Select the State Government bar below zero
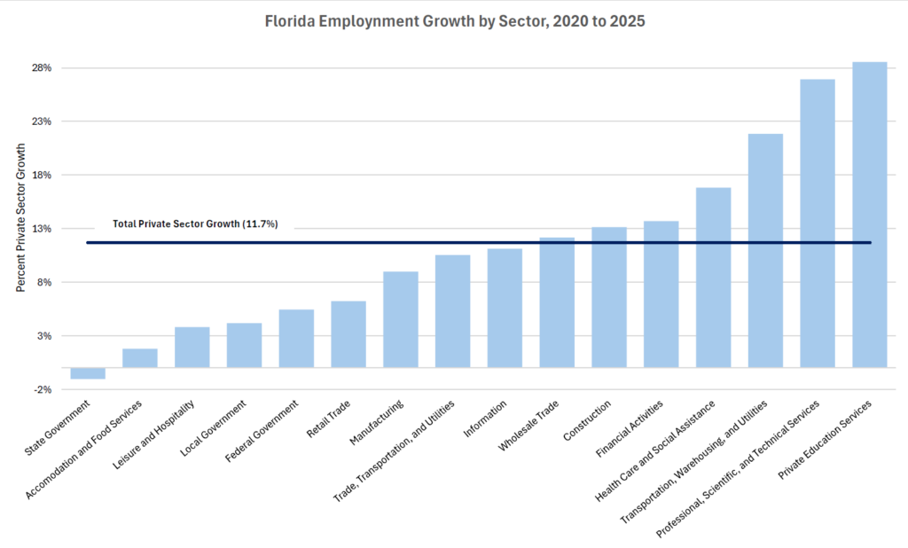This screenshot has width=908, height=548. pyautogui.click(x=88, y=373)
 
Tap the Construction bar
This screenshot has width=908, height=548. pyautogui.click(x=609, y=297)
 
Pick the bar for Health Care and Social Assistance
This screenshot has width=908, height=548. pyautogui.click(x=713, y=278)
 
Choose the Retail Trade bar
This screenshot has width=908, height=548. pyautogui.click(x=348, y=334)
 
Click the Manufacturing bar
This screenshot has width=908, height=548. pyautogui.click(x=401, y=319)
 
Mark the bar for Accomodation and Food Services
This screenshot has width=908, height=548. pyautogui.click(x=140, y=358)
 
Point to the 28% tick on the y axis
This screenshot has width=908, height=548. pyautogui.click(x=42, y=68)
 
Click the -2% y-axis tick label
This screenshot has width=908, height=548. pyautogui.click(x=42, y=390)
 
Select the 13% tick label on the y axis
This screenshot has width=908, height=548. pyautogui.click(x=42, y=229)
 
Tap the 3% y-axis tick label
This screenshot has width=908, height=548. pyautogui.click(x=43, y=336)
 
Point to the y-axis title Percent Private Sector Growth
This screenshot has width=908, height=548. pyautogui.click(x=20, y=220)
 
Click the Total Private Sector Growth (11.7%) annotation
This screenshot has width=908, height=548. pyautogui.click(x=195, y=224)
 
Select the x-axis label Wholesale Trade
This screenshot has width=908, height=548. pyautogui.click(x=529, y=427)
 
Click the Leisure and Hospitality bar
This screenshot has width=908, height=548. pyautogui.click(x=192, y=348)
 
